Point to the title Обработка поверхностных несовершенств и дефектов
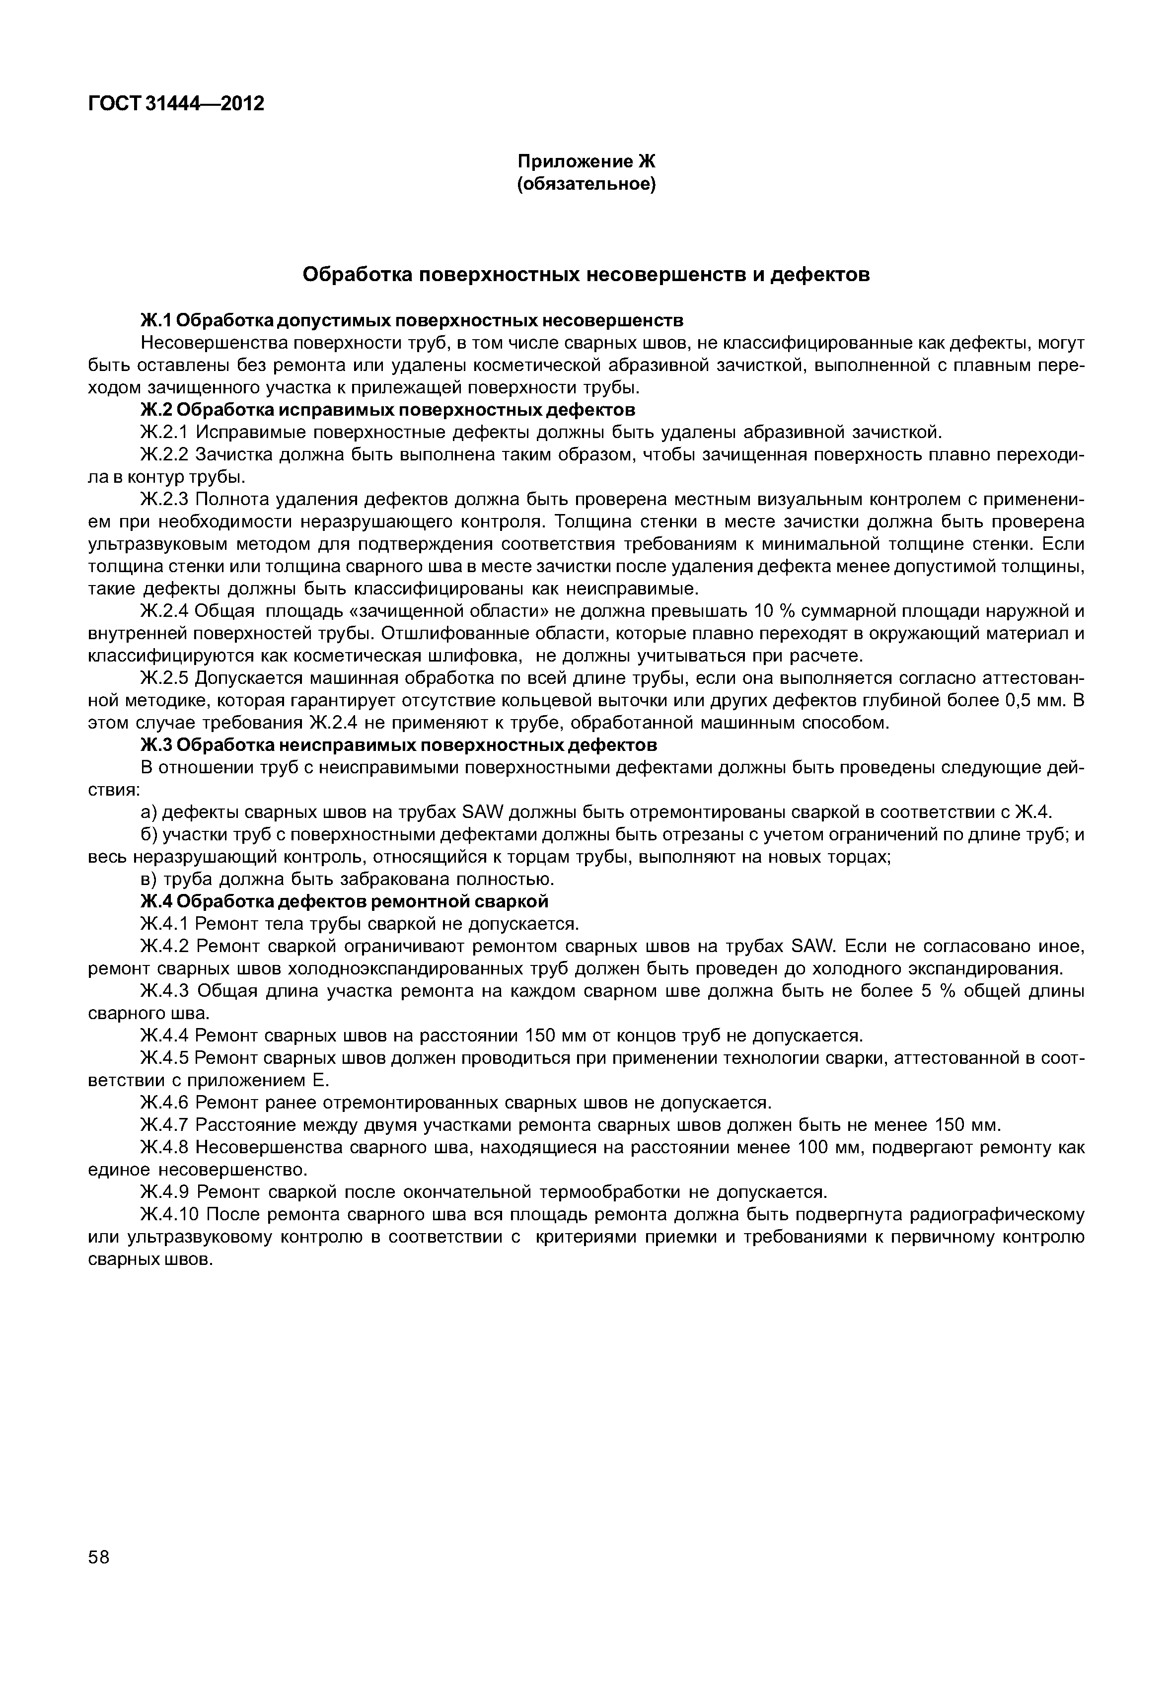point(586,275)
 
